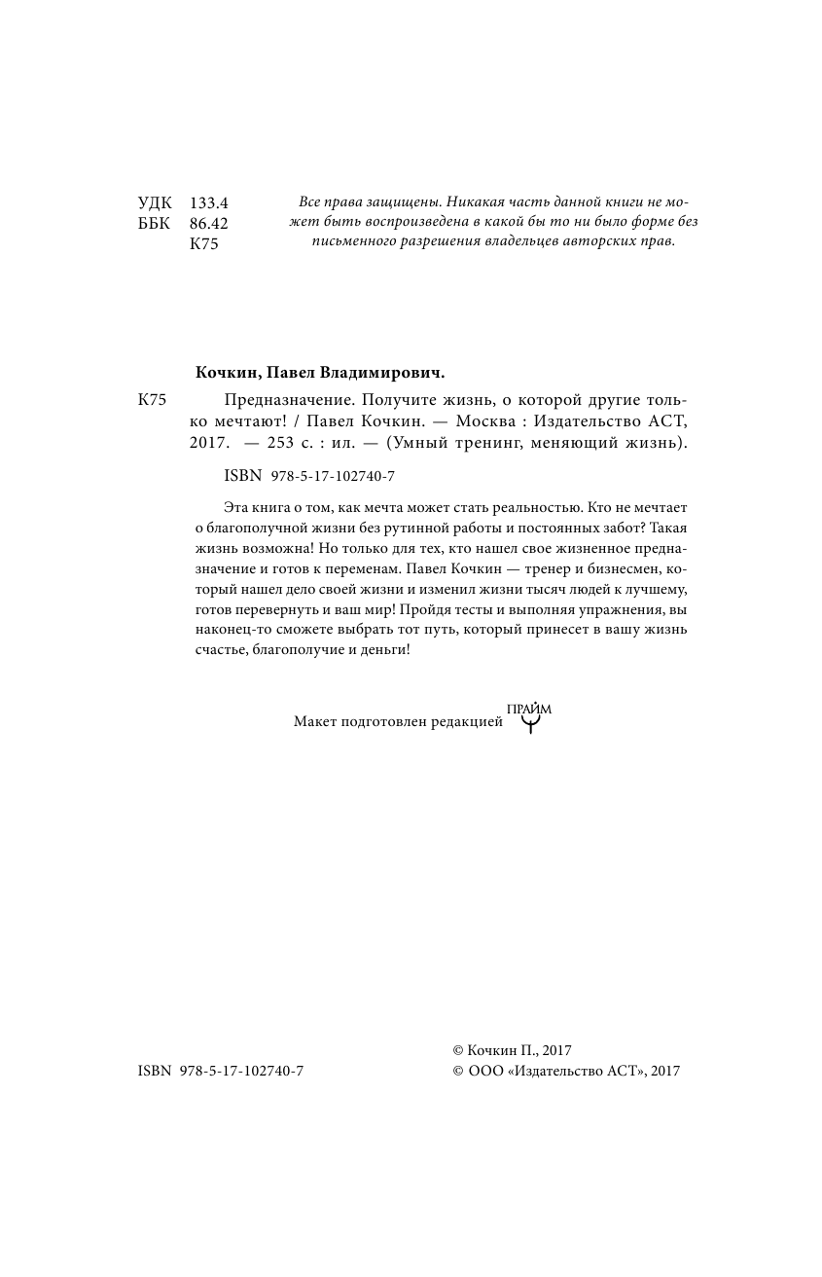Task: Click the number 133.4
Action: click(208, 203)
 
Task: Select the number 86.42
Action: click(208, 224)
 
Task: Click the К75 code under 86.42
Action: click(203, 244)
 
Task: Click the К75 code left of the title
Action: click(153, 400)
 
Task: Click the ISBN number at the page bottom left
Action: click(221, 1071)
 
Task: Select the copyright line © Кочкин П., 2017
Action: click(512, 1050)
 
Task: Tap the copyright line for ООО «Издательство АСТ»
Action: click(566, 1071)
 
